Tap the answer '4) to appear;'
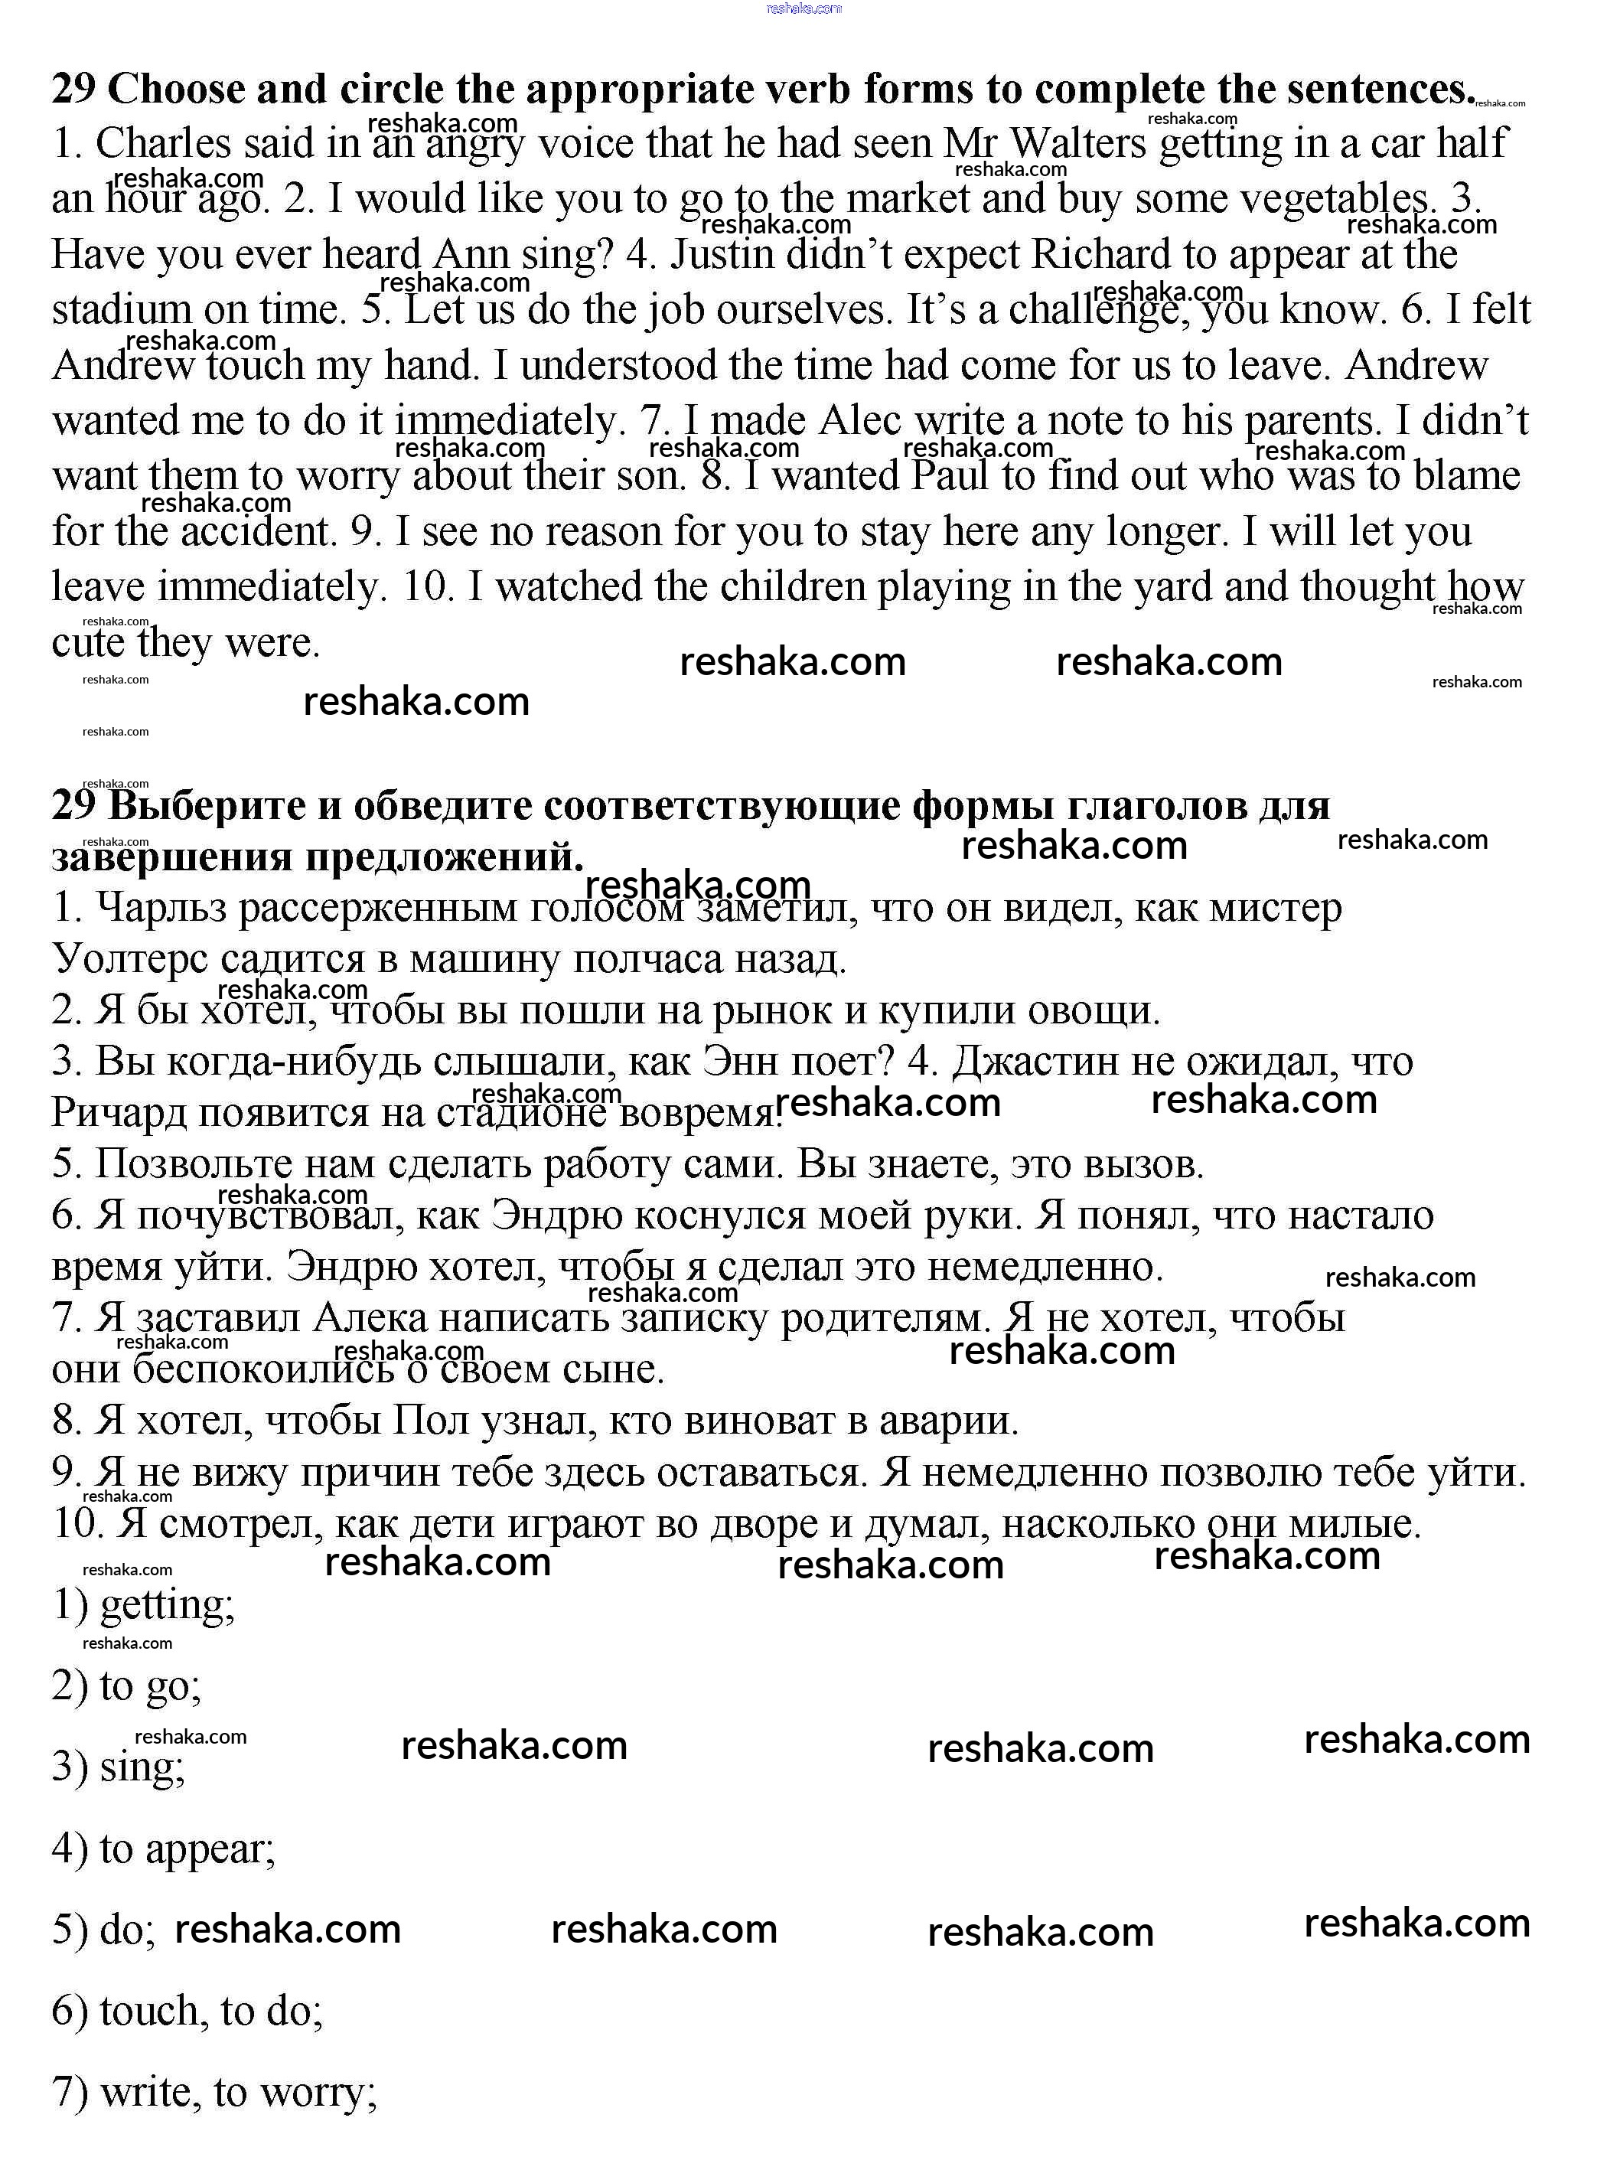[x=164, y=1849]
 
